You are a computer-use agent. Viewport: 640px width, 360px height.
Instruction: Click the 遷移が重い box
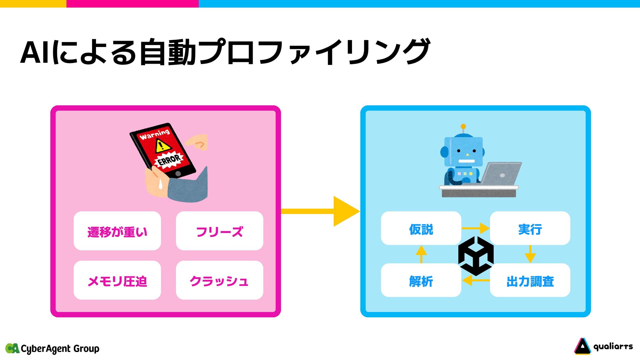click(117, 231)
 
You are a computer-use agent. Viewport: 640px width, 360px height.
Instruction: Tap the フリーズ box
click(219, 231)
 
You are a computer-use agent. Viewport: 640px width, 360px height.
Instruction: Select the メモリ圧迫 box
click(117, 280)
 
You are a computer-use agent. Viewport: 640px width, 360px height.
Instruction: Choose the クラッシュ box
click(219, 280)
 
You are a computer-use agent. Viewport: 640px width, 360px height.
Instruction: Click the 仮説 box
click(421, 228)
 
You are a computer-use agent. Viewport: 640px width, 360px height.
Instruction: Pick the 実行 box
click(530, 228)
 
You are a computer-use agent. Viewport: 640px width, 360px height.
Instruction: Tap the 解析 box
click(421, 280)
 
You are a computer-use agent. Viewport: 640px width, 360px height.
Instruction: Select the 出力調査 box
click(530, 280)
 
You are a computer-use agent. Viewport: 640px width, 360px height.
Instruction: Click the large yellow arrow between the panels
click(320, 211)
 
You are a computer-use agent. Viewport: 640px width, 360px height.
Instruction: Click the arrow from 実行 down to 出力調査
click(530, 254)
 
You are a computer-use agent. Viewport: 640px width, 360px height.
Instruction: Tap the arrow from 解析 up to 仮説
click(421, 254)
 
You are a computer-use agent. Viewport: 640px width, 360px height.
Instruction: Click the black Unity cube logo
click(476, 256)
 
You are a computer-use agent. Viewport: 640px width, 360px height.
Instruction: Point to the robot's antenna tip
click(463, 126)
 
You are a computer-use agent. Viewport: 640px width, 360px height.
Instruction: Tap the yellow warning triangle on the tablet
click(163, 146)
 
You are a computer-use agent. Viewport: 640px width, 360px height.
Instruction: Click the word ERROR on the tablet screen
click(169, 160)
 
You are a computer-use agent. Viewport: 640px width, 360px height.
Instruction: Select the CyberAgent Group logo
click(52, 348)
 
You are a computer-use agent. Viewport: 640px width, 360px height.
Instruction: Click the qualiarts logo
click(603, 347)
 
